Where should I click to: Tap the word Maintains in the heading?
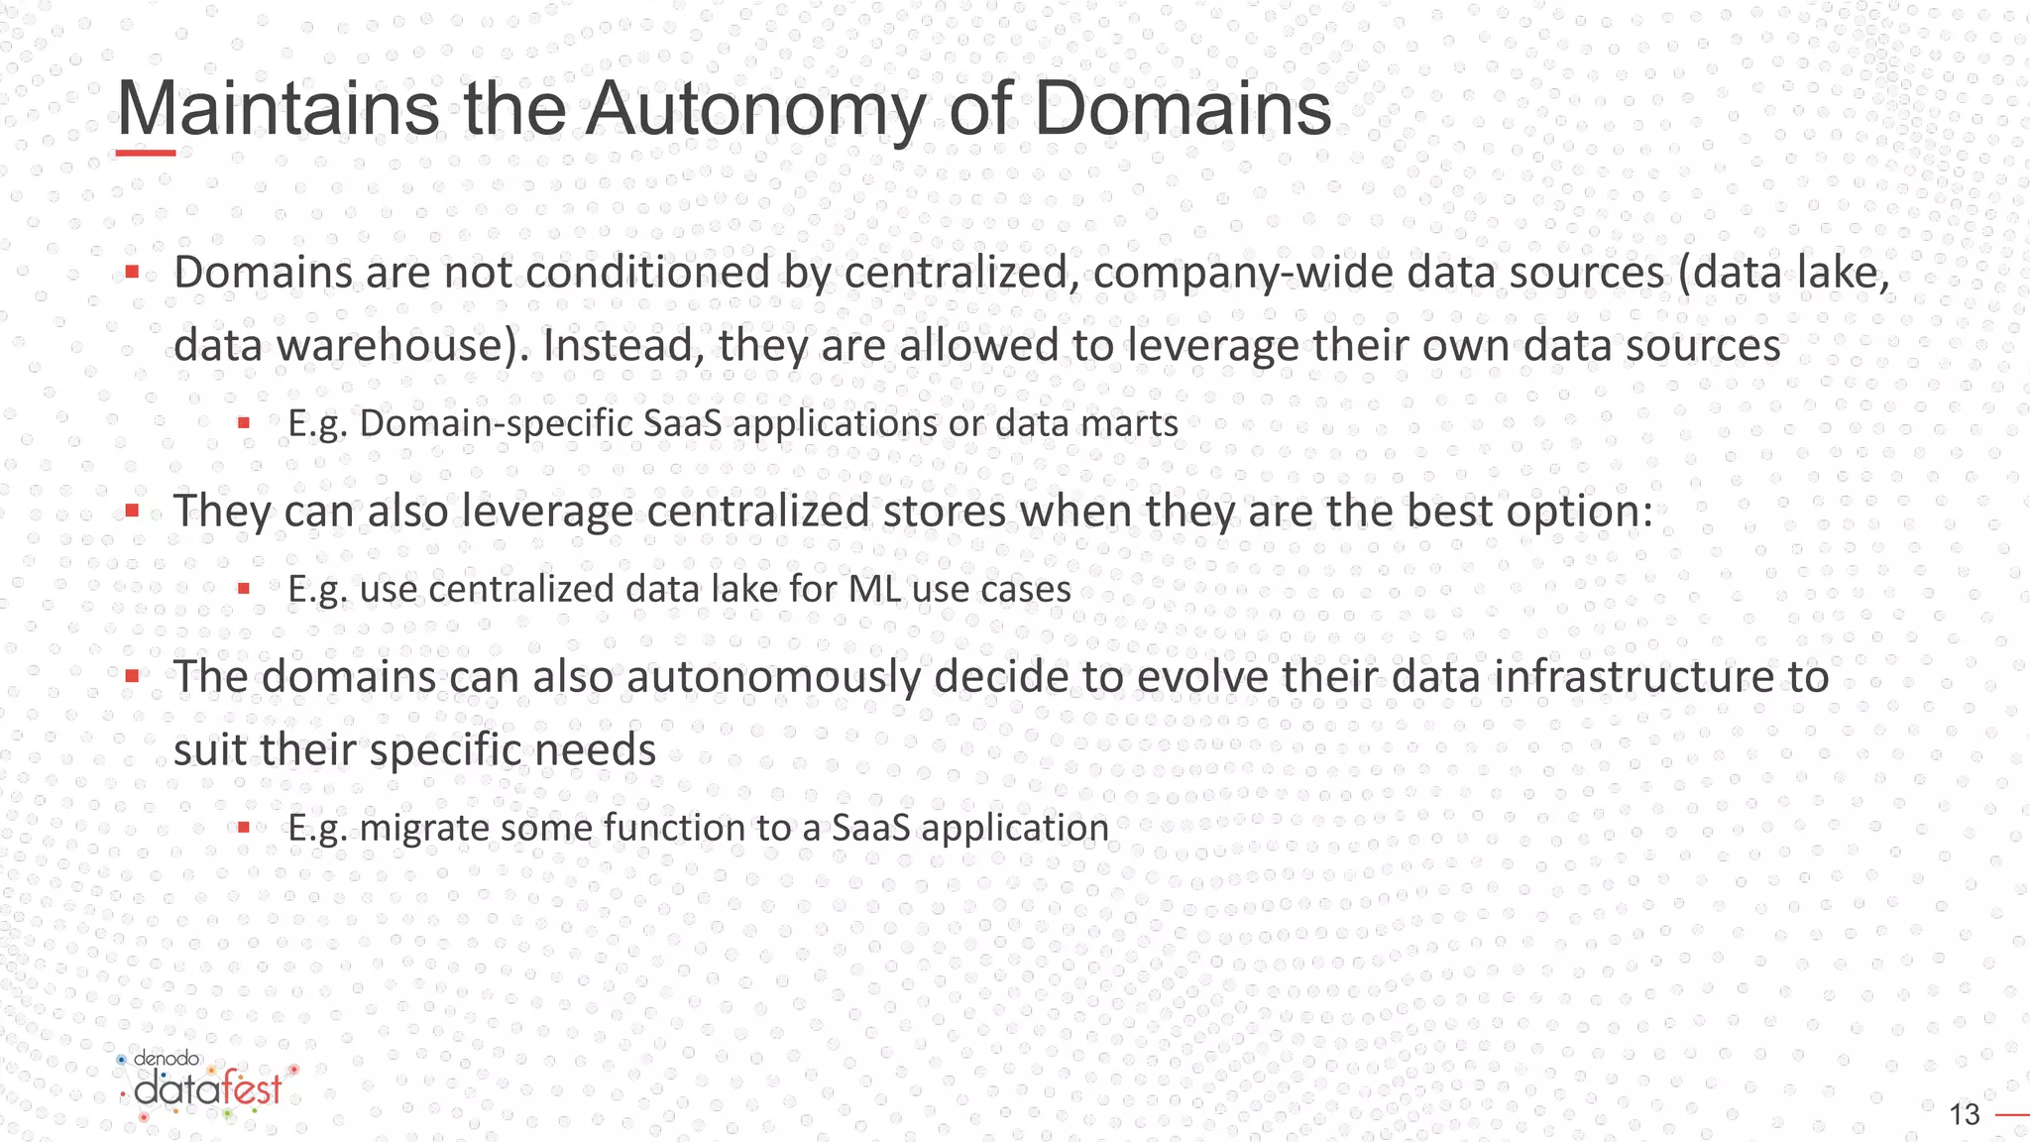click(x=279, y=109)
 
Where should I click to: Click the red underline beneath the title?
click(x=146, y=153)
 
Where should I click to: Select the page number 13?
click(x=1964, y=1115)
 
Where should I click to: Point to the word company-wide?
click(x=1244, y=273)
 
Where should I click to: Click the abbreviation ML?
click(x=874, y=589)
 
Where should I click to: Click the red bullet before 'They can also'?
click(x=132, y=512)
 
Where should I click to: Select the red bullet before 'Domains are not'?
click(x=132, y=272)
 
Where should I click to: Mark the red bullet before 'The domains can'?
click(x=132, y=677)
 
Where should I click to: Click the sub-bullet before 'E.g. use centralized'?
click(x=244, y=589)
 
